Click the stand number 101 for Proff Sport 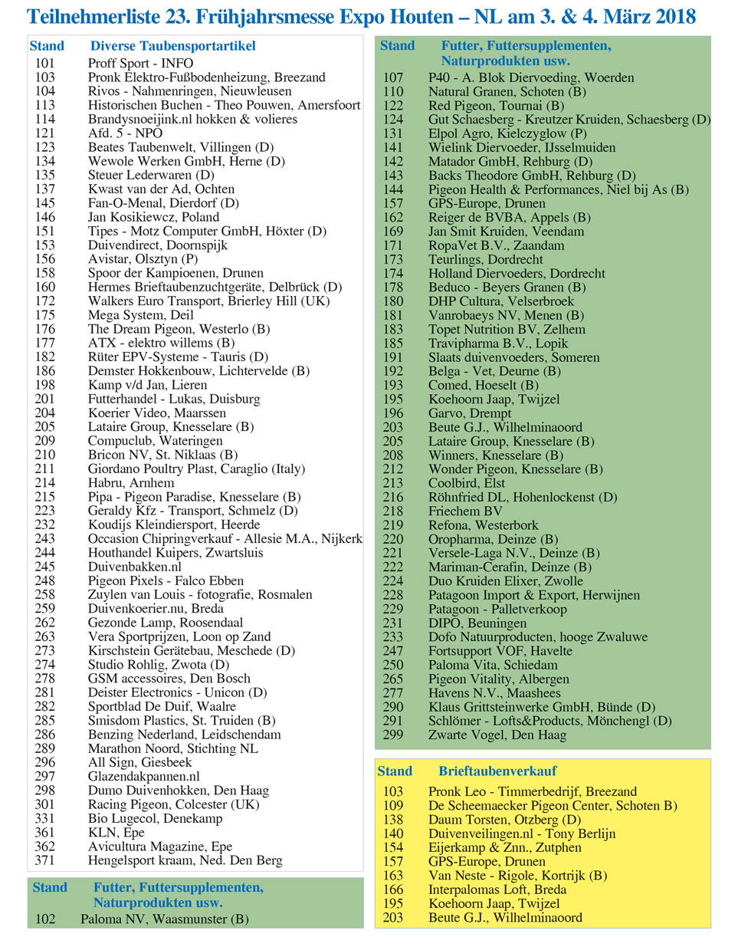tap(45, 64)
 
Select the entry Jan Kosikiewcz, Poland tap(153, 217)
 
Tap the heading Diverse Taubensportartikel tap(172, 46)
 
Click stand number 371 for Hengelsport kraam tap(45, 860)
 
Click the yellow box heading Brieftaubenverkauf tap(497, 771)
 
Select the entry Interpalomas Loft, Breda tap(497, 889)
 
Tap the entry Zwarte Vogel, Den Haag tap(497, 735)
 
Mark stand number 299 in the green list tap(393, 735)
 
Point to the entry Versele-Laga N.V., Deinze tap(513, 553)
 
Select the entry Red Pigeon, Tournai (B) tap(496, 105)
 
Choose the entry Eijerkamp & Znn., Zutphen tap(505, 847)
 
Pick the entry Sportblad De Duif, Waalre tap(162, 706)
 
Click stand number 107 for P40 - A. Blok tap(393, 77)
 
